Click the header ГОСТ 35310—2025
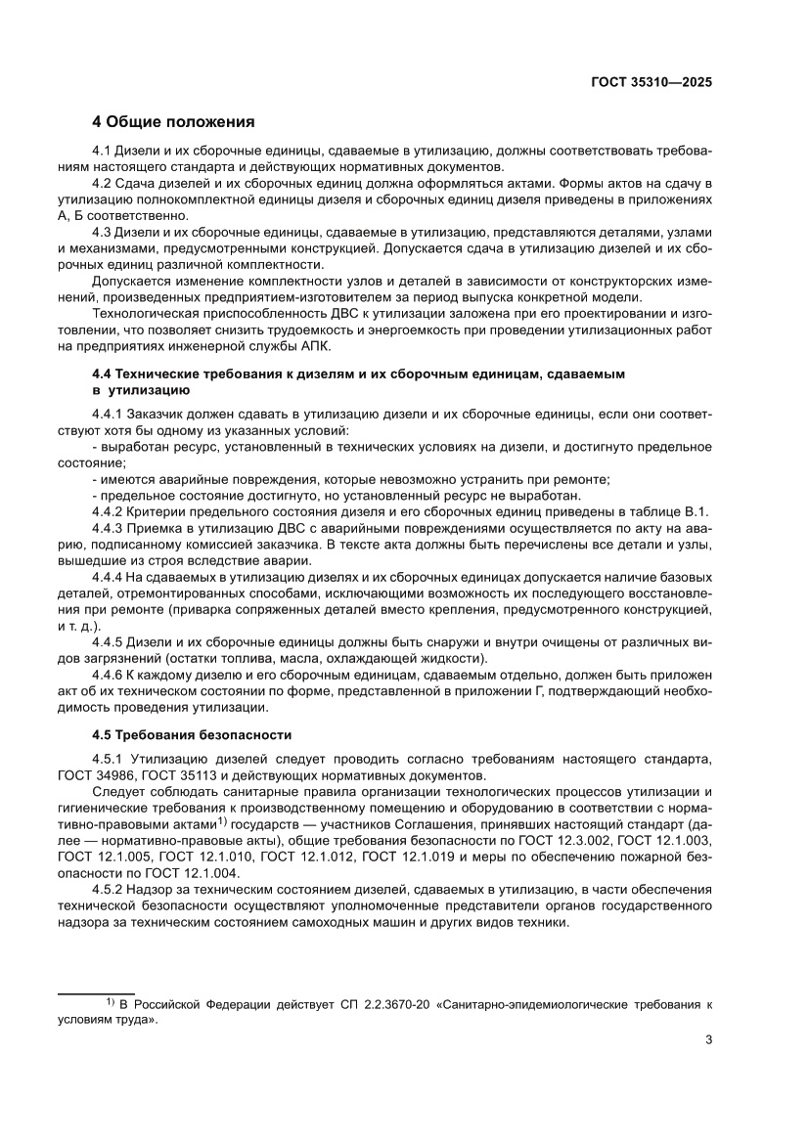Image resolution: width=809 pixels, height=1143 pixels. tap(651, 83)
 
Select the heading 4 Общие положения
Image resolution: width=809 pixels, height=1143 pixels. tap(173, 122)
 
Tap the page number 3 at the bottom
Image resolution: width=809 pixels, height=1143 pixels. tap(708, 1039)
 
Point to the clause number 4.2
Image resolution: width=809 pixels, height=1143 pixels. tap(103, 184)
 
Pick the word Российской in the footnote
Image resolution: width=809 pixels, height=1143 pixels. tap(169, 1004)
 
